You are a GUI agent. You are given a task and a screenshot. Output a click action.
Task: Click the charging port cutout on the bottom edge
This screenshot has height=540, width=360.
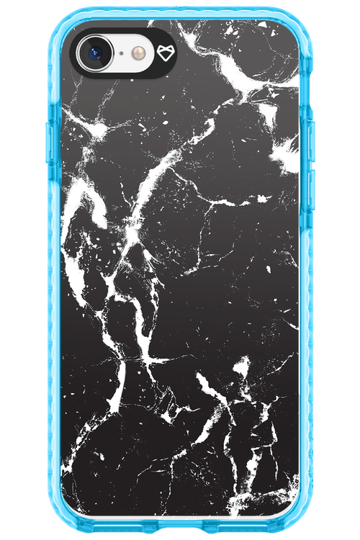[180, 531]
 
